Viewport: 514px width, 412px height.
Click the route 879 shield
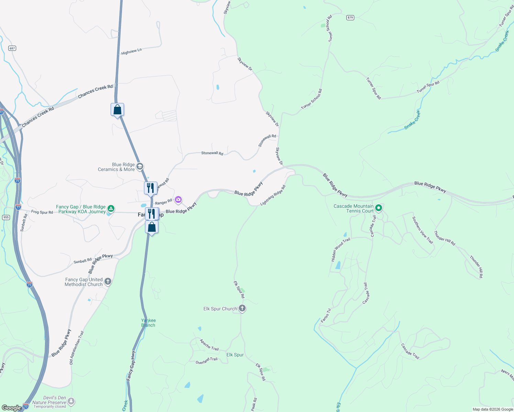[350, 18]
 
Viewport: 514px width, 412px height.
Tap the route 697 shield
[12, 48]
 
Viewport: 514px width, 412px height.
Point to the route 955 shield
[6, 217]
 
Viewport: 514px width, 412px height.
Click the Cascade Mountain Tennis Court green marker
[379, 208]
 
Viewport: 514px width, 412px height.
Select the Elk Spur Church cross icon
[242, 308]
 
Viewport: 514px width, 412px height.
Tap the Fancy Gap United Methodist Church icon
[108, 282]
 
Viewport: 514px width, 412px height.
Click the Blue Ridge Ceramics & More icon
[140, 167]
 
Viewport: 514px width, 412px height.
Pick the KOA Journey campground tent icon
[111, 208]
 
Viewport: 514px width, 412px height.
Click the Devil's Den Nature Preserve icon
[71, 401]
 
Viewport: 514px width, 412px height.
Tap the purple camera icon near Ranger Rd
[178, 199]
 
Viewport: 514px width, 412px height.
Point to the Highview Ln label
[131, 52]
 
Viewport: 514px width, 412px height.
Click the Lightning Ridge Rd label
[273, 196]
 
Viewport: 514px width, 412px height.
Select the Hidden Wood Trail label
[340, 250]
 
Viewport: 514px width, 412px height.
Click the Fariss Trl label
[326, 316]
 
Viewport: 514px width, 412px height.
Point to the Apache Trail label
[209, 345]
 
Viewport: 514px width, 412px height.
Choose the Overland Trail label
[206, 361]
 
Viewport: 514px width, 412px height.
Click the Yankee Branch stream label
[148, 323]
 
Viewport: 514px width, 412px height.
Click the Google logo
[11, 408]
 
